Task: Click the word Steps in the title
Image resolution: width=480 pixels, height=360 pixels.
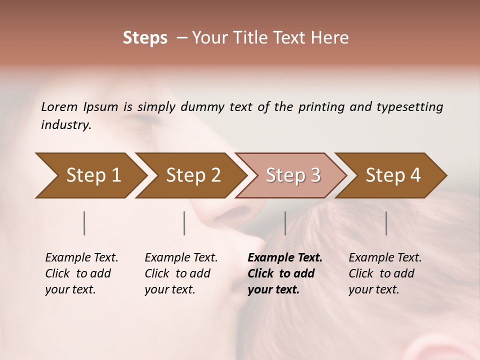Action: click(x=145, y=38)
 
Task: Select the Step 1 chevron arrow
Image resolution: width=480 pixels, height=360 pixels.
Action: click(x=90, y=175)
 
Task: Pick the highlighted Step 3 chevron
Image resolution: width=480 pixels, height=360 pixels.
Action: click(x=292, y=175)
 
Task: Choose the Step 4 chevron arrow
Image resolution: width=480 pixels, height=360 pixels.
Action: click(x=392, y=175)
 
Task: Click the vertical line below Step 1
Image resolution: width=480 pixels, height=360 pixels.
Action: click(x=84, y=223)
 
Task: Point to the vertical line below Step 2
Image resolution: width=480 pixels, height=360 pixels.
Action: click(x=184, y=223)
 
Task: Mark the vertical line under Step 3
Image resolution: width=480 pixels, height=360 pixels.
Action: click(x=285, y=223)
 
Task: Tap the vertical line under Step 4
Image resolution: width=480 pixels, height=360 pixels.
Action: click(x=386, y=223)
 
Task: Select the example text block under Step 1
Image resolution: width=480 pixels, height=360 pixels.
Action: click(x=81, y=273)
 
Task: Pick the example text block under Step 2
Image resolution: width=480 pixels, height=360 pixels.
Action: click(x=181, y=273)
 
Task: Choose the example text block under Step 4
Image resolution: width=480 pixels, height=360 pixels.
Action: click(x=385, y=273)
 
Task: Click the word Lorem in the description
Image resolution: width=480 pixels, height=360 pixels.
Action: click(x=59, y=107)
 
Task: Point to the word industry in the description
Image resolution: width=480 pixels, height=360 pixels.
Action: click(x=66, y=125)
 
